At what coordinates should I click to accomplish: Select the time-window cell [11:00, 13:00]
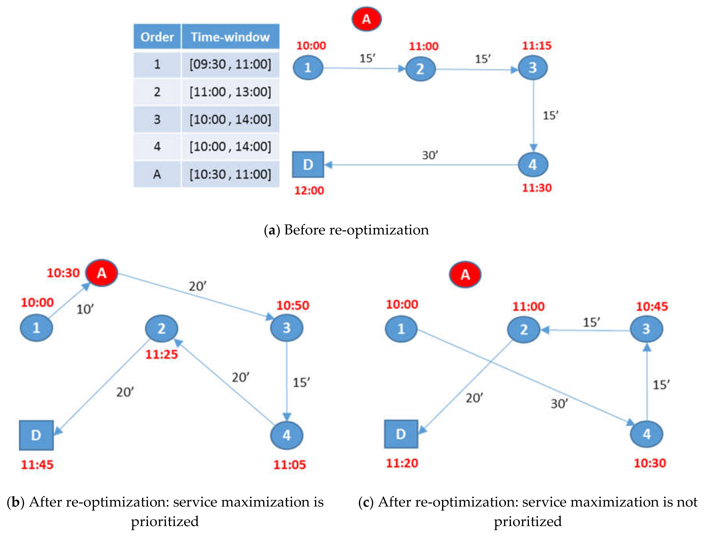point(230,92)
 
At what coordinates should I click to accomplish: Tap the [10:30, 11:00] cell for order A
point(230,174)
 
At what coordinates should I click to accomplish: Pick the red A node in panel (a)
point(367,19)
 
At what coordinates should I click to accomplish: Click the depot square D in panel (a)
point(308,165)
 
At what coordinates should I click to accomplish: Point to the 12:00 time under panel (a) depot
point(309,191)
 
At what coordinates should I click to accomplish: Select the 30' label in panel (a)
point(430,155)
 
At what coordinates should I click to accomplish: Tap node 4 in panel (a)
point(533,165)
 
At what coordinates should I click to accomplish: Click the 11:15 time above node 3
point(537,46)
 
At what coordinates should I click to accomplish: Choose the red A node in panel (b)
point(102,273)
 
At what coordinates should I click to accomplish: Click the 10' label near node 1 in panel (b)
point(85,309)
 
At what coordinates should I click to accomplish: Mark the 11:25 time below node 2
point(161,354)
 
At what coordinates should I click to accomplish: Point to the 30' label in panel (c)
point(559,404)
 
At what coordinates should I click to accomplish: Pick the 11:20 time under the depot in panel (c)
point(402,463)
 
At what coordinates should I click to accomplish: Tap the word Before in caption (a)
point(304,230)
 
